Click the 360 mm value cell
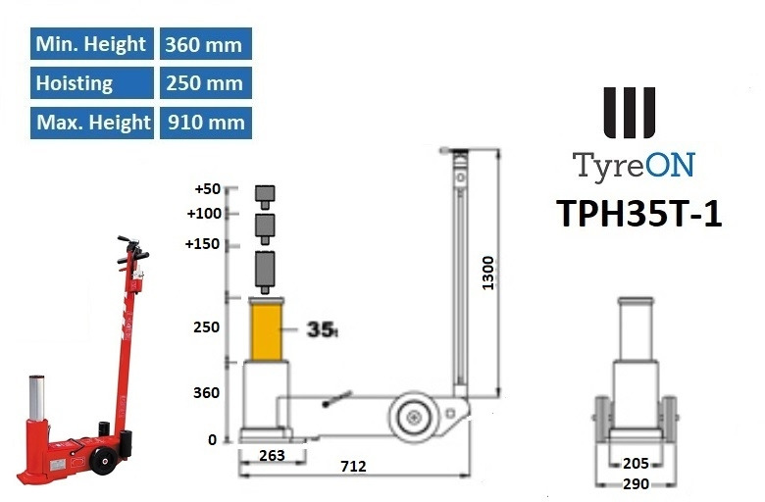[204, 44]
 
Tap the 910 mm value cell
[204, 123]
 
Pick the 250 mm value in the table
[204, 83]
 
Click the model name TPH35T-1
[638, 213]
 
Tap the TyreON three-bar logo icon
[630, 114]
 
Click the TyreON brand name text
[634, 165]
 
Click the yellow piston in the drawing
[266, 331]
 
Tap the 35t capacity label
[321, 329]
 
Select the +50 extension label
[209, 189]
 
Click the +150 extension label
[204, 244]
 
